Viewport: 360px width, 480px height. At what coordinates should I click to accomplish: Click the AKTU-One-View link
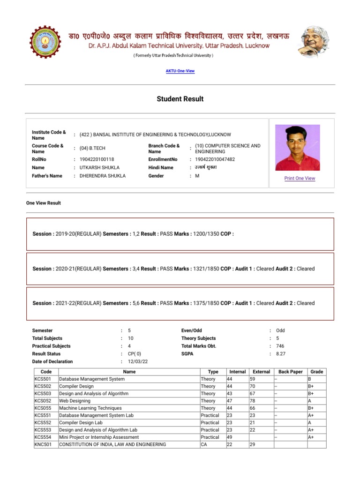click(x=180, y=71)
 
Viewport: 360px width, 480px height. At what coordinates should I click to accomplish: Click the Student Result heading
click(x=180, y=99)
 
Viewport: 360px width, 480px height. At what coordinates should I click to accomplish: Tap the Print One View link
click(x=300, y=179)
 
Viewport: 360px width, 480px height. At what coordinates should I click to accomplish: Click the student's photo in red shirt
click(x=297, y=148)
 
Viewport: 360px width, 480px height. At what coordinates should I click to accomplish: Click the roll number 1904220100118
click(x=97, y=159)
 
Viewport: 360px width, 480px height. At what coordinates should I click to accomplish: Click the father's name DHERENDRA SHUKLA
click(x=102, y=176)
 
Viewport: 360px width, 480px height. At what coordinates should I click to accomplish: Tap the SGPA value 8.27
click(x=280, y=354)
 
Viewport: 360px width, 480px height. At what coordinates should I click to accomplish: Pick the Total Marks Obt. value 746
click(x=280, y=346)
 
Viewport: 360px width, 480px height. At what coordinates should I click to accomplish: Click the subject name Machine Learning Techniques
click(x=90, y=408)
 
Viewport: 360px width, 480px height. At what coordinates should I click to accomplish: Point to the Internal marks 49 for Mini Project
click(x=230, y=437)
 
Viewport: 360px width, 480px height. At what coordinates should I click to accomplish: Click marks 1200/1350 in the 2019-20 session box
click(x=206, y=233)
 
